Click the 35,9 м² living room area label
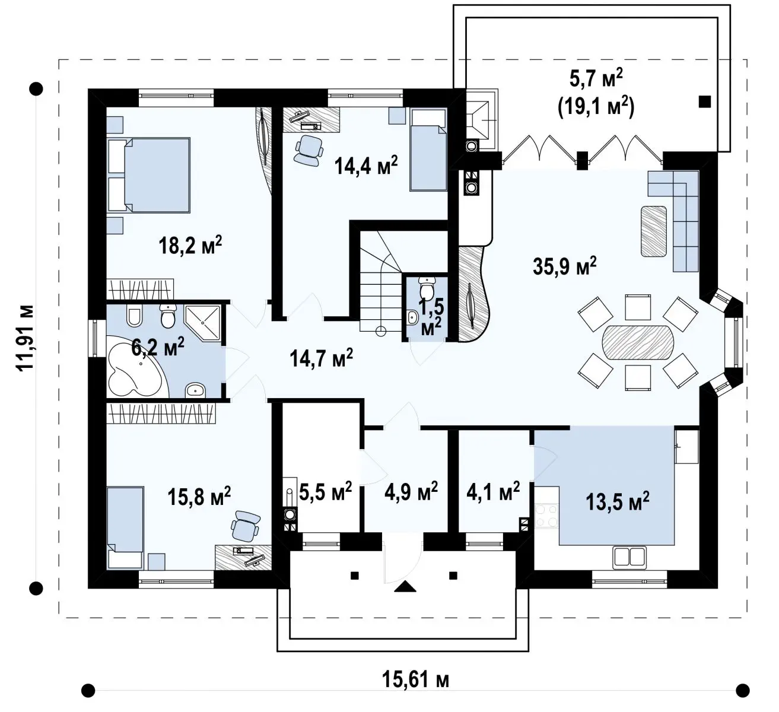(564, 266)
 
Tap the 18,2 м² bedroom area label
(190, 245)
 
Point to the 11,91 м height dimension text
(26, 338)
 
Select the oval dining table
(638, 342)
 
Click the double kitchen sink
(629, 556)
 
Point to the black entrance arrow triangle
(405, 586)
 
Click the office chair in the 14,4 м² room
(309, 150)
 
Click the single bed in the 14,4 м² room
(428, 150)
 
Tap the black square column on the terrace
(704, 102)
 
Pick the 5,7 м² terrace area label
(596, 80)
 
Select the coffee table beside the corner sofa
(654, 231)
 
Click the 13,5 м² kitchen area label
(617, 501)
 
